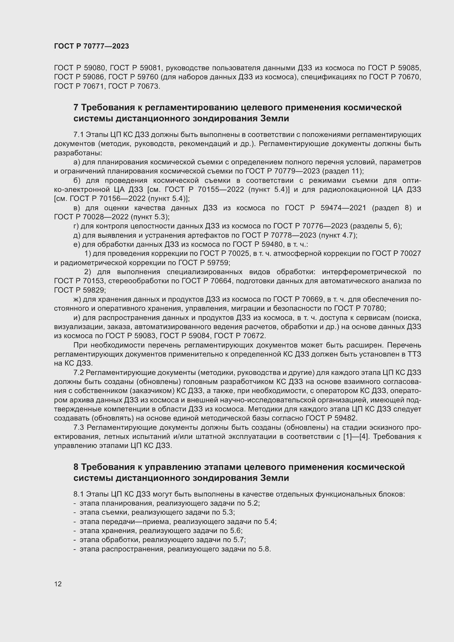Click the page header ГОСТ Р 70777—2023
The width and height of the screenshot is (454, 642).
91,46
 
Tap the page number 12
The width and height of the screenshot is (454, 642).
58,584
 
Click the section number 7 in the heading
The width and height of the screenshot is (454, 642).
76,107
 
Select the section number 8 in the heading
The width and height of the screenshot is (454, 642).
76,467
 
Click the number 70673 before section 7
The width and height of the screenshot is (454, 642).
148,86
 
